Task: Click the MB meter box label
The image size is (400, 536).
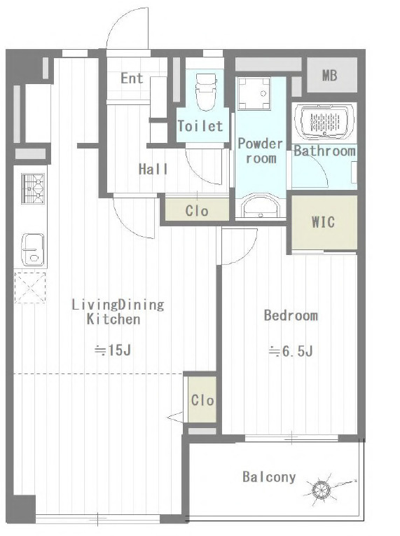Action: [329, 76]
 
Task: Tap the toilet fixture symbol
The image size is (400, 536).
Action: [206, 92]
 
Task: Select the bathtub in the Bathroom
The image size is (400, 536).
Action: [324, 122]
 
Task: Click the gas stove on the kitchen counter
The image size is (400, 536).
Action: [33, 188]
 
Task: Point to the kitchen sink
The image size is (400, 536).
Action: [33, 249]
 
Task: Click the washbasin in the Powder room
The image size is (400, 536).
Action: [261, 206]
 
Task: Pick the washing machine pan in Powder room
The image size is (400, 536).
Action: [254, 94]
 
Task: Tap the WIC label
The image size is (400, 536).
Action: [323, 222]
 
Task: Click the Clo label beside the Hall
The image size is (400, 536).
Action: [197, 211]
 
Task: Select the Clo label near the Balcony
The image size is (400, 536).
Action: [202, 400]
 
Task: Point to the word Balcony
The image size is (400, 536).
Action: [269, 477]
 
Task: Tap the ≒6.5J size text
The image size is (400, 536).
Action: [291, 351]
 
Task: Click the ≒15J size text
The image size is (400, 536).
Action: [113, 350]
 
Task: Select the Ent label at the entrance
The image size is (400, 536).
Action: [132, 78]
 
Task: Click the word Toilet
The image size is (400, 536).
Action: [200, 126]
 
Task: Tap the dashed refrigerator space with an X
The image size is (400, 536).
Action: [30, 288]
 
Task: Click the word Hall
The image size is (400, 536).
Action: [153, 170]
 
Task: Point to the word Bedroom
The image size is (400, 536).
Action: [291, 315]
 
